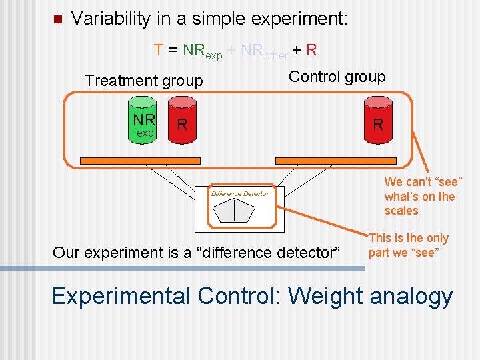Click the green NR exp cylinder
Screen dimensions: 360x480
click(145, 124)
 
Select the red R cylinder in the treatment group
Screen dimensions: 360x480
click(182, 123)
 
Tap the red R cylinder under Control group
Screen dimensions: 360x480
click(378, 123)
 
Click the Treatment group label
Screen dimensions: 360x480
click(143, 81)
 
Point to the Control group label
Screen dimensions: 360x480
click(337, 77)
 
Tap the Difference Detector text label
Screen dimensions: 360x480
click(240, 194)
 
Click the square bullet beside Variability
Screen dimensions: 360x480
click(57, 19)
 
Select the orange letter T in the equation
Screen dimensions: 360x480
click(159, 50)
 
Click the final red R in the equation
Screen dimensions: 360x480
click(312, 50)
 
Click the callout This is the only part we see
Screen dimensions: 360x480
click(409, 245)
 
